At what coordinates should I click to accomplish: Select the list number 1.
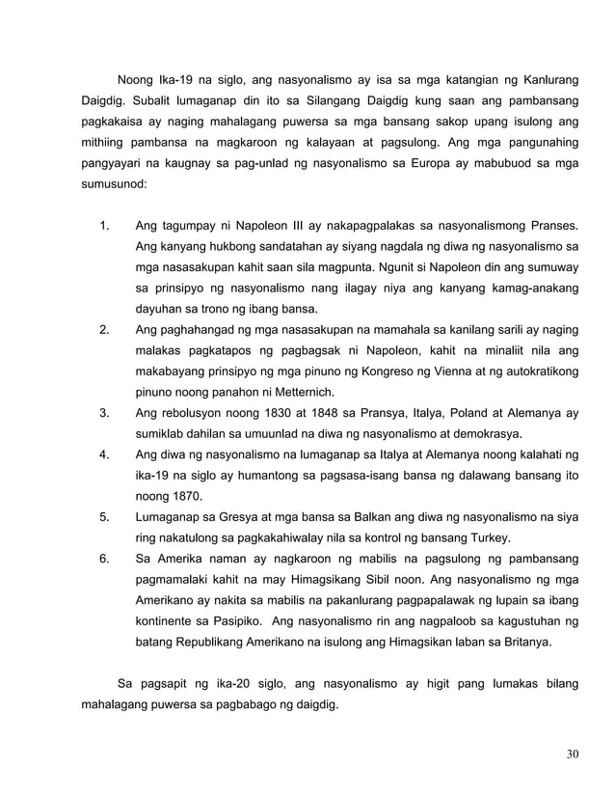point(103,227)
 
